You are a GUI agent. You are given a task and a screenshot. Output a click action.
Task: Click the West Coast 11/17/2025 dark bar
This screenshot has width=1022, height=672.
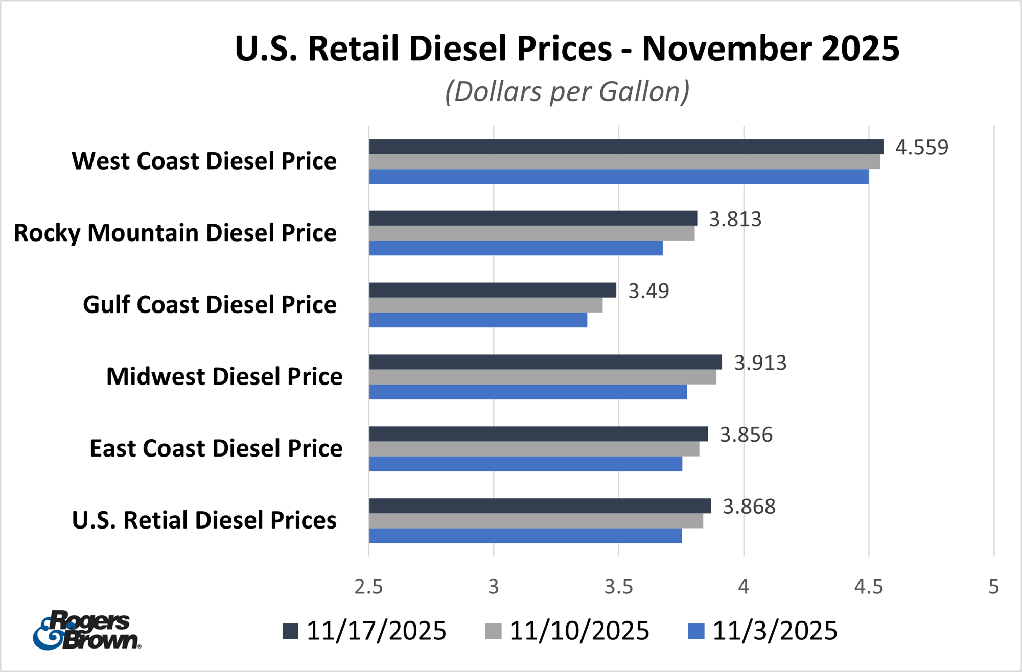(x=626, y=147)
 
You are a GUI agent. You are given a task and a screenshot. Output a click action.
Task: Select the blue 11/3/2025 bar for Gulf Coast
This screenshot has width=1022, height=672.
(x=478, y=320)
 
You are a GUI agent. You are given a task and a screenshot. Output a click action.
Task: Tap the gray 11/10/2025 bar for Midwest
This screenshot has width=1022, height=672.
(x=542, y=377)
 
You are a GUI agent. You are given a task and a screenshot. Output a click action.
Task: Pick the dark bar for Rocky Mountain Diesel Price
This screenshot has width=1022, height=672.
(x=533, y=218)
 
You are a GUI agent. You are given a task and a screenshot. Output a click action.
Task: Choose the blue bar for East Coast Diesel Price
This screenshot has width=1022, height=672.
(x=525, y=464)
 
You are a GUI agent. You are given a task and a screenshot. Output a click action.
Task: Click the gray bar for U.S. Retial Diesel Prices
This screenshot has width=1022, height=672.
(x=536, y=521)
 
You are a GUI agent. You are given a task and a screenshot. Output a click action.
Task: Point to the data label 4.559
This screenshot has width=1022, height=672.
(x=921, y=148)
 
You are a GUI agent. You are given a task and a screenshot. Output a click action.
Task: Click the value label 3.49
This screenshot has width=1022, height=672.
(x=648, y=291)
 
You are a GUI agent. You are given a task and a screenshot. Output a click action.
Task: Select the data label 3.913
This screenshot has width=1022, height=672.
(x=760, y=363)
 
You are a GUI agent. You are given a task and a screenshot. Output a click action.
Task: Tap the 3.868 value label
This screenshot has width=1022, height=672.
(x=749, y=507)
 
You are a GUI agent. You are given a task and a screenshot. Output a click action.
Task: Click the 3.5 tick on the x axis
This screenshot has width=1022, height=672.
(x=618, y=587)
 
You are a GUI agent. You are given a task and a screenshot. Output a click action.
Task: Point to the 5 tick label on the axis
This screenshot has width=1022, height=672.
(x=993, y=587)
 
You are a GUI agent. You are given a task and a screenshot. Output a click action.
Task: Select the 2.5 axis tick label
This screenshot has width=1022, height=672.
(x=368, y=587)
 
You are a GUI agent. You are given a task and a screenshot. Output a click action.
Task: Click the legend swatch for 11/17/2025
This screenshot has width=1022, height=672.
(x=290, y=631)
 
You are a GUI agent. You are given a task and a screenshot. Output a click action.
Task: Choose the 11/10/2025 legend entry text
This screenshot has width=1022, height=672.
(x=579, y=631)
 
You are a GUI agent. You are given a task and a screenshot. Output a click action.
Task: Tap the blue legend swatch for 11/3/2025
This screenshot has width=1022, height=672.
(x=696, y=631)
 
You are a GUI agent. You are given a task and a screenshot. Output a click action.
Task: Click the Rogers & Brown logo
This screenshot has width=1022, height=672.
(x=87, y=630)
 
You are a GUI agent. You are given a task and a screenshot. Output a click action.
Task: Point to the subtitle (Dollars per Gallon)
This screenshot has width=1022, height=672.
(x=567, y=92)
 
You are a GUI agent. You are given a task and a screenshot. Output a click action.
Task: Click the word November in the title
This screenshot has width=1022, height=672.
(x=726, y=49)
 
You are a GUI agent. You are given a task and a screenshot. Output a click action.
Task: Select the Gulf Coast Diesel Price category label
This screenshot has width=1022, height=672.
(x=210, y=305)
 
